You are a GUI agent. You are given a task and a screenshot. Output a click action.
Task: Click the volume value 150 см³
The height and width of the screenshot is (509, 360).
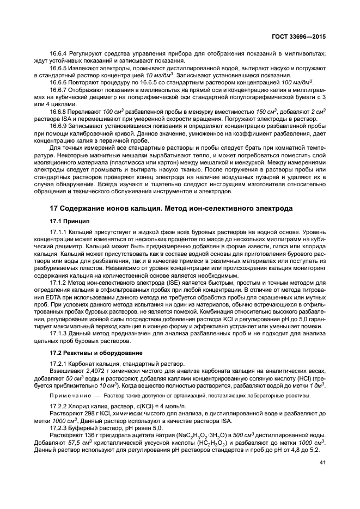(263, 111)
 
